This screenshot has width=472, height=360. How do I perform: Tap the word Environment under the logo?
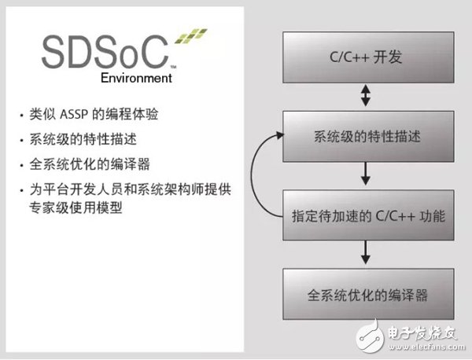point(137,79)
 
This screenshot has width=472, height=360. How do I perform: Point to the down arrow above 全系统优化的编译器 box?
point(365,255)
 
